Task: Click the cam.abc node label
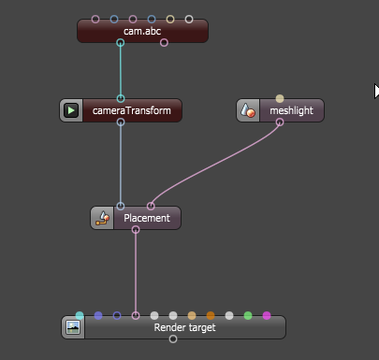pyautogui.click(x=142, y=31)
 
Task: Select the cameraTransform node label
pyautogui.click(x=132, y=110)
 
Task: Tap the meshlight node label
pyautogui.click(x=291, y=110)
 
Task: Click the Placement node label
pyautogui.click(x=147, y=218)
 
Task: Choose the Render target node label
pyautogui.click(x=184, y=327)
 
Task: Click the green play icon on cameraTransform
pyautogui.click(x=71, y=110)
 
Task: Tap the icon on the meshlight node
pyautogui.click(x=248, y=110)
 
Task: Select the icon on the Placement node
pyautogui.click(x=102, y=218)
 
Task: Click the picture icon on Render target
pyautogui.click(x=73, y=327)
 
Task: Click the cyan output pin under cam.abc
pyautogui.click(x=121, y=43)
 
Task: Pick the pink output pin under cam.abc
pyautogui.click(x=164, y=43)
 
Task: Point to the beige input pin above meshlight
pyautogui.click(x=280, y=99)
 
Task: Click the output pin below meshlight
pyautogui.click(x=280, y=122)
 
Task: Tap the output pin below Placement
pyautogui.click(x=136, y=230)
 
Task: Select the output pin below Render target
pyautogui.click(x=173, y=339)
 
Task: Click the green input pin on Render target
pyautogui.click(x=248, y=316)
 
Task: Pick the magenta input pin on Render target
pyautogui.click(x=267, y=316)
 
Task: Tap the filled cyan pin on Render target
pyautogui.click(x=80, y=316)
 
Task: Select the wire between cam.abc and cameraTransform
pyautogui.click(x=121, y=71)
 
